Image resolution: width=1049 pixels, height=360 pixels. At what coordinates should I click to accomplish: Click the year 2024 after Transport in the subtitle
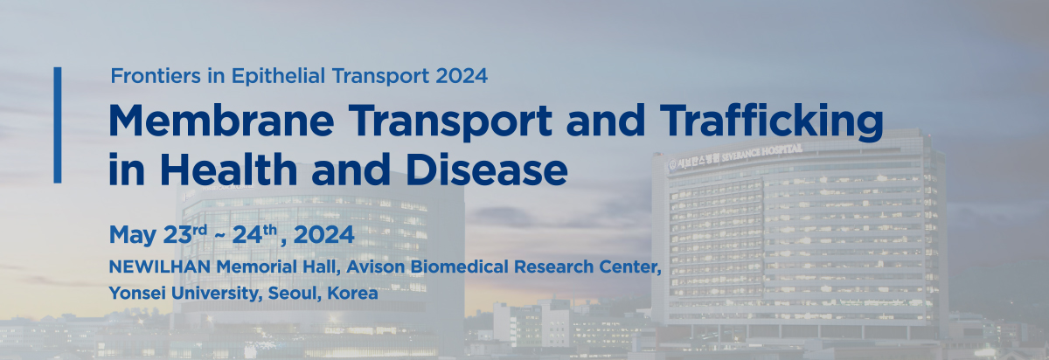point(462,76)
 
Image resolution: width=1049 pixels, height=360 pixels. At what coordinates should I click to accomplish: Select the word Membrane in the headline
point(221,121)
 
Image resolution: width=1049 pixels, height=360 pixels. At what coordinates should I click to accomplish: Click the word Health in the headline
point(228,169)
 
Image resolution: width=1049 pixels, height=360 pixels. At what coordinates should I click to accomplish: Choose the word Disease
point(487,169)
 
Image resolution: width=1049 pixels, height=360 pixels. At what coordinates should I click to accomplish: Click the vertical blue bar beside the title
point(58,125)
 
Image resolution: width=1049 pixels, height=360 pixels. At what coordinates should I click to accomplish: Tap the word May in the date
point(133,235)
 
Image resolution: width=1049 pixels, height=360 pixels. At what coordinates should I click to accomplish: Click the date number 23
point(177,234)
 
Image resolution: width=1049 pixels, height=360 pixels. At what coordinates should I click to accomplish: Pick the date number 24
point(247,234)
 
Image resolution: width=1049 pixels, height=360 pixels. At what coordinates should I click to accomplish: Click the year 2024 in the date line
point(324,234)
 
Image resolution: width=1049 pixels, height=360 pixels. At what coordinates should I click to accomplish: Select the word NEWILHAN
point(160,267)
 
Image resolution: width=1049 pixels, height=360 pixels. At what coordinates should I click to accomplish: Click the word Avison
point(376,267)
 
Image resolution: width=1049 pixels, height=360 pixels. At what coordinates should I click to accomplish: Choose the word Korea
point(352,293)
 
